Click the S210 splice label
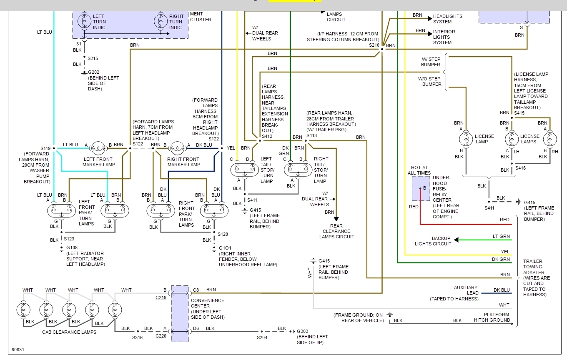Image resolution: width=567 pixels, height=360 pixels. click(374, 45)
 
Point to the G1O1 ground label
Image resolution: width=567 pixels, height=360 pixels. click(225, 248)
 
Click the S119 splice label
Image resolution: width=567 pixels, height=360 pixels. click(45, 148)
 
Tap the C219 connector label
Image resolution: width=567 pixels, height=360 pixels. click(161, 297)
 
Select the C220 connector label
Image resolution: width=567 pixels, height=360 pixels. click(161, 336)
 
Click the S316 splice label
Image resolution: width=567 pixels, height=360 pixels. click(137, 337)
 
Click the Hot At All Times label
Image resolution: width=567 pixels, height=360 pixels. click(419, 170)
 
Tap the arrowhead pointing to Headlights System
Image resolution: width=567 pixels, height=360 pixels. click(430, 19)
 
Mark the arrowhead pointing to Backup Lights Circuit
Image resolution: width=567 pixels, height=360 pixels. click(456, 240)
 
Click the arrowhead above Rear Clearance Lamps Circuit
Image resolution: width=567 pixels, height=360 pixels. click(336, 219)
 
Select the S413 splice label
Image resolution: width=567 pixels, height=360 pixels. click(311, 135)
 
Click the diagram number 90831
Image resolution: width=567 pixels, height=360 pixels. click(18, 350)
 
